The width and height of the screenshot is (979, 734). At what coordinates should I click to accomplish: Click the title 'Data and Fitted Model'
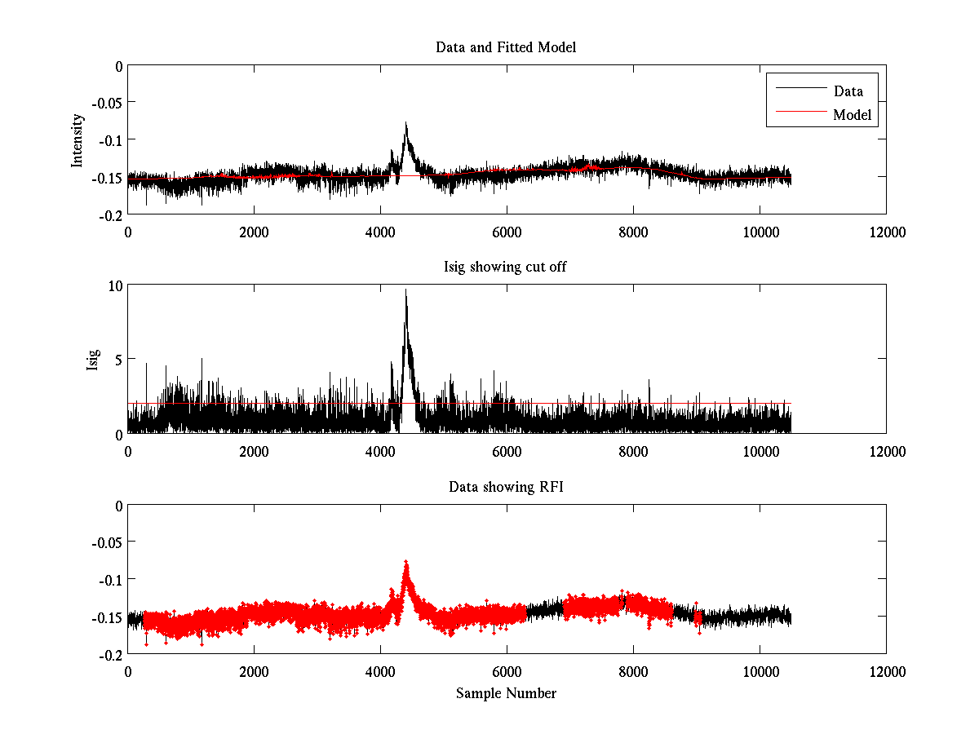(506, 47)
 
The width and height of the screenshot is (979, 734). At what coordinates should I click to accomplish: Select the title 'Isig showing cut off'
(506, 267)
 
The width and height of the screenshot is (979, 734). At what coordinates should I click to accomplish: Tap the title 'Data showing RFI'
(506, 487)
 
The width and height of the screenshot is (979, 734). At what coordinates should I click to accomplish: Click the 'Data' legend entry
(848, 91)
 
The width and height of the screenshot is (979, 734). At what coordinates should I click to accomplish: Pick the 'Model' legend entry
(852, 115)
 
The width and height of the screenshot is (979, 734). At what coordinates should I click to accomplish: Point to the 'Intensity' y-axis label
(78, 140)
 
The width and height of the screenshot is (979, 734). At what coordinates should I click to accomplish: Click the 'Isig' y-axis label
(93, 360)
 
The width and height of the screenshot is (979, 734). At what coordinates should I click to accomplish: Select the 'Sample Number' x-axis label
(506, 693)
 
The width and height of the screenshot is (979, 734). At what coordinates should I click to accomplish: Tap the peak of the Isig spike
(405, 290)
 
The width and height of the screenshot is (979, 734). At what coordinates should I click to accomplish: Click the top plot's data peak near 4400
(405, 123)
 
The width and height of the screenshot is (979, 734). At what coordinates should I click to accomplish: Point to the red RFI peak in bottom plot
(405, 562)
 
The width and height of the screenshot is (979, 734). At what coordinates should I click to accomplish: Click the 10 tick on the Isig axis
(113, 285)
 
